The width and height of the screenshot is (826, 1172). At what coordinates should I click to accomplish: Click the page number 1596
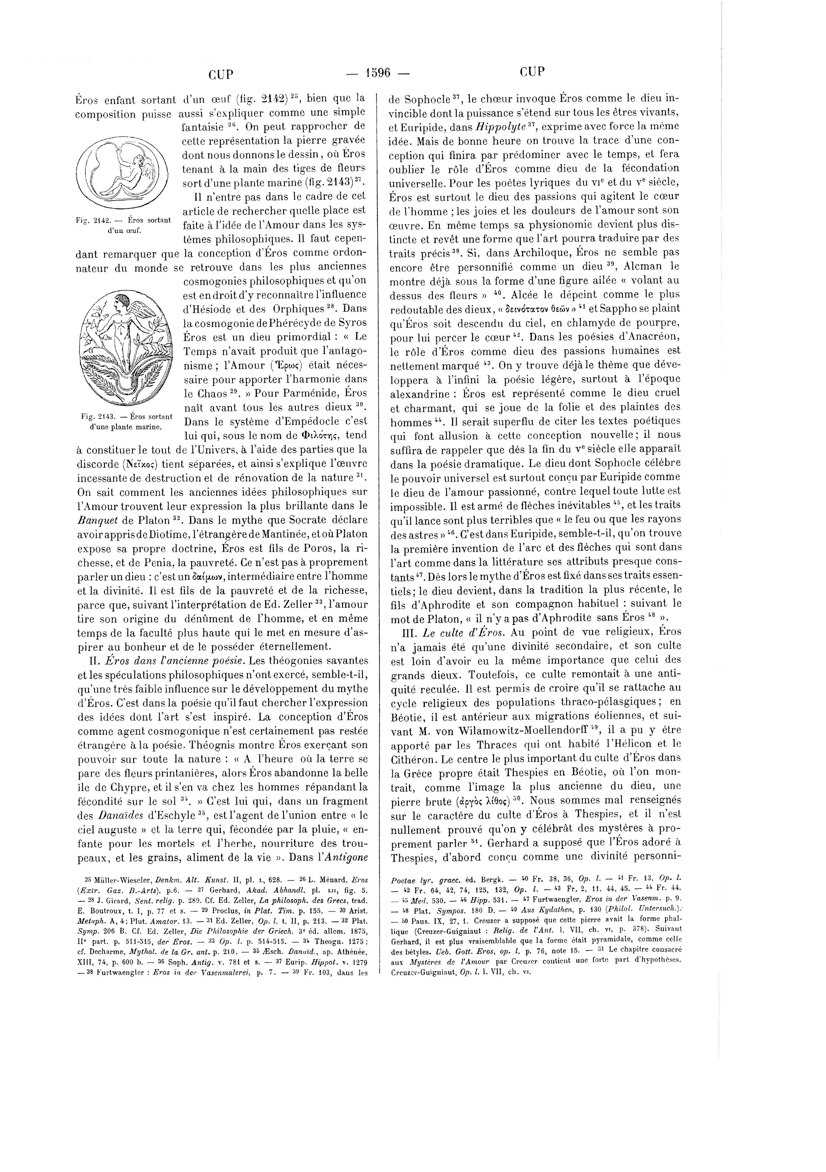coord(378,73)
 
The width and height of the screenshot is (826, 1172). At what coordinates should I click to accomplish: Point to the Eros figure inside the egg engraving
coord(130,169)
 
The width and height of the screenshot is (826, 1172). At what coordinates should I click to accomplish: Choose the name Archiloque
coord(544,252)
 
